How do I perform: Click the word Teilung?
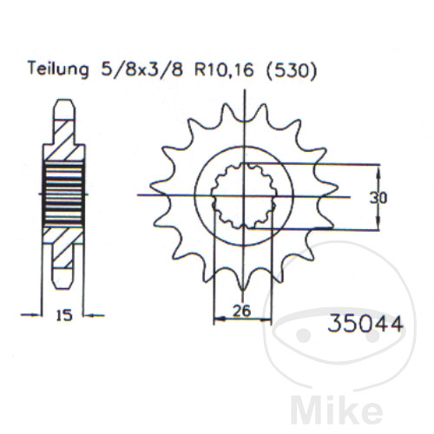(58, 69)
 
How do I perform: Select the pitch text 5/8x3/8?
(141, 69)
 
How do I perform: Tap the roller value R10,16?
(224, 70)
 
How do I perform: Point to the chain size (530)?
(291, 70)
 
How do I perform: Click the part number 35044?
(365, 323)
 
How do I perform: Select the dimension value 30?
(378, 199)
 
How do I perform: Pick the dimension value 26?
(242, 311)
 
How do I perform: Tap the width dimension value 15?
(64, 315)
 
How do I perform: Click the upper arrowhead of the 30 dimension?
(378, 171)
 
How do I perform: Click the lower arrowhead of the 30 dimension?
(378, 224)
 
